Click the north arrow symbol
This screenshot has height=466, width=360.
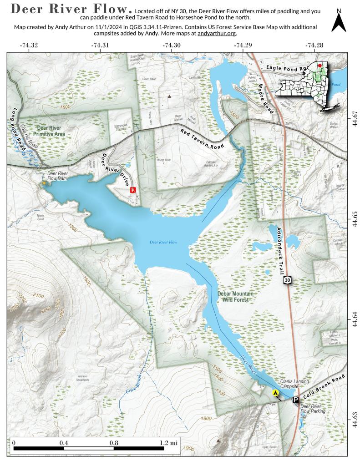pyautogui.click(x=339, y=21)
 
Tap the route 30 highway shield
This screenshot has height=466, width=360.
pyautogui.click(x=287, y=280)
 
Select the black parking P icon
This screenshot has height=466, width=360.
pyautogui.click(x=295, y=400)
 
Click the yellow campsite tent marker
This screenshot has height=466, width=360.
pyautogui.click(x=275, y=393)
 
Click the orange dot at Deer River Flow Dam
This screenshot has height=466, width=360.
pyautogui.click(x=44, y=183)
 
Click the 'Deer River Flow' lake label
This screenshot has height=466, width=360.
pyautogui.click(x=163, y=242)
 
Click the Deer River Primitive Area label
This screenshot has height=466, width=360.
pyautogui.click(x=45, y=131)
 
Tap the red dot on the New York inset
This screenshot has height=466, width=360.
pyautogui.click(x=320, y=66)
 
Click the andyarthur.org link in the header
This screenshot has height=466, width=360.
pyautogui.click(x=217, y=33)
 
